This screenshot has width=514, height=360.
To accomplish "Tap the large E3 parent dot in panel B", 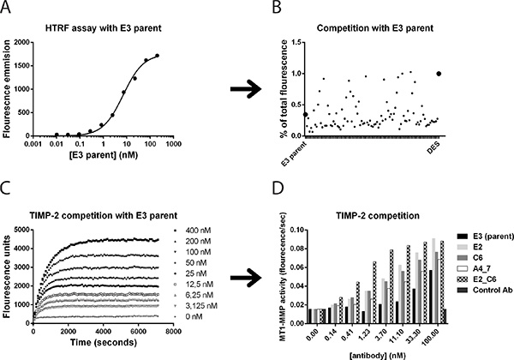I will click(306, 114).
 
